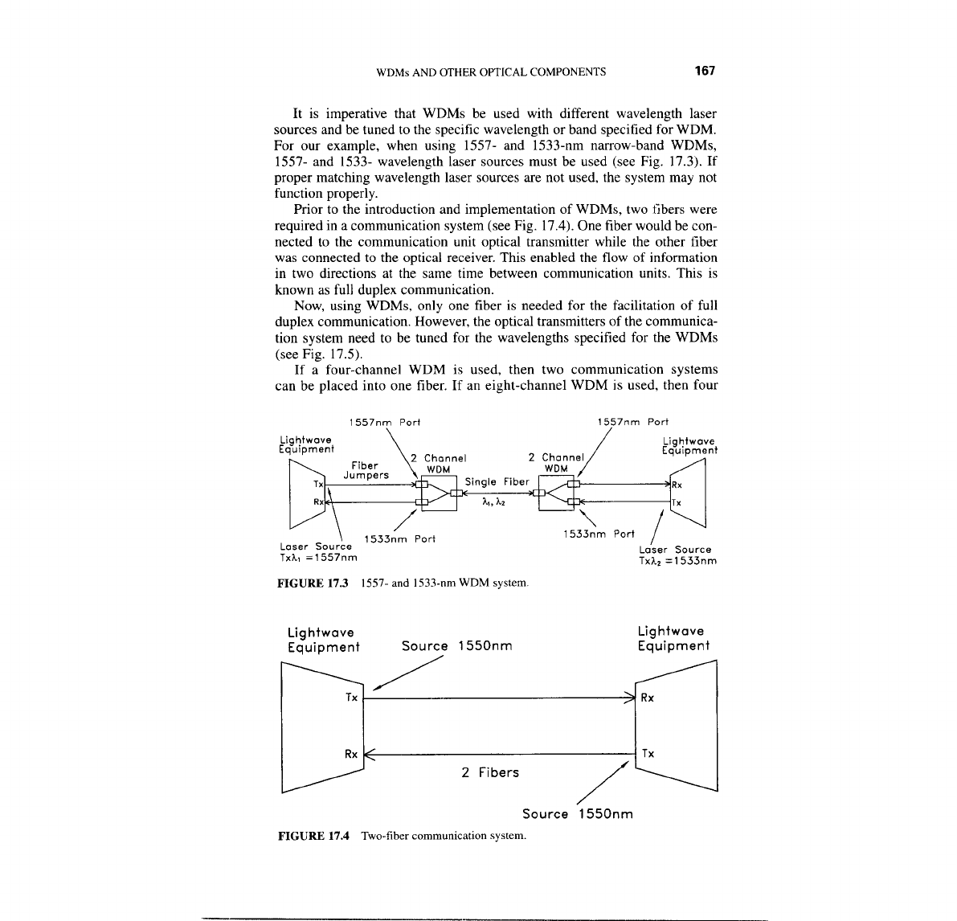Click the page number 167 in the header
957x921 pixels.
(x=704, y=71)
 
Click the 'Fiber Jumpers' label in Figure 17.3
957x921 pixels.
(x=366, y=470)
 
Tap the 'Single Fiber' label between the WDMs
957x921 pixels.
(x=497, y=481)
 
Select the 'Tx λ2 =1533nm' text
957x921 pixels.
(x=677, y=561)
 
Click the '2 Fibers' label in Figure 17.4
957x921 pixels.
(x=489, y=772)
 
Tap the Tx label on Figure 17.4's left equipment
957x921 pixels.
(x=351, y=698)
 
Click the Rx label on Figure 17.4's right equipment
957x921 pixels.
(x=647, y=698)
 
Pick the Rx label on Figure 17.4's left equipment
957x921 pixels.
(x=351, y=754)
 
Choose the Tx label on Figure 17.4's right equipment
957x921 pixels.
(x=647, y=754)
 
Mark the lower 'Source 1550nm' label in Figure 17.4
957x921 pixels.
(x=577, y=814)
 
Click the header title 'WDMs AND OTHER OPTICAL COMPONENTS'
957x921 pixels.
(x=491, y=72)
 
